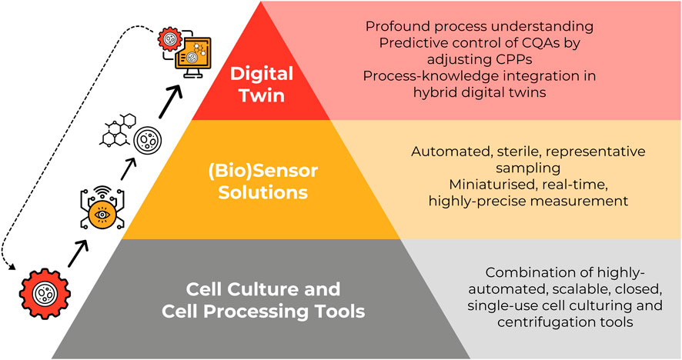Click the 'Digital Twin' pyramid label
(x=262, y=85)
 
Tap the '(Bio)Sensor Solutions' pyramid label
(x=262, y=182)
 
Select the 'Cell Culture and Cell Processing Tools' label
(x=263, y=301)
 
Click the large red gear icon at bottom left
(x=45, y=294)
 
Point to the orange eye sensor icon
(x=102, y=208)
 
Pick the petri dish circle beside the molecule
(x=148, y=141)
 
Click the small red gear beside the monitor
(x=169, y=39)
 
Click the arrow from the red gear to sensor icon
(x=79, y=254)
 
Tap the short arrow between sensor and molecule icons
(x=129, y=169)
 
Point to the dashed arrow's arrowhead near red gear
(x=11, y=266)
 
